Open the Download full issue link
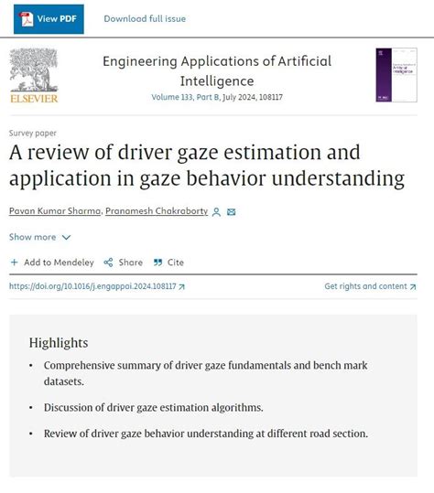[x=145, y=18]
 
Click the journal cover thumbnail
[x=396, y=74]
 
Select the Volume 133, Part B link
[x=190, y=96]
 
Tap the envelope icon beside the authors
[x=232, y=212]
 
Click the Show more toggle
[x=39, y=237]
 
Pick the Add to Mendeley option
[x=52, y=263]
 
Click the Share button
[x=124, y=263]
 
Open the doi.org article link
[x=96, y=286]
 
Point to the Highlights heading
[x=59, y=342]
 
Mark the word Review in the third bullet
[x=61, y=434]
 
